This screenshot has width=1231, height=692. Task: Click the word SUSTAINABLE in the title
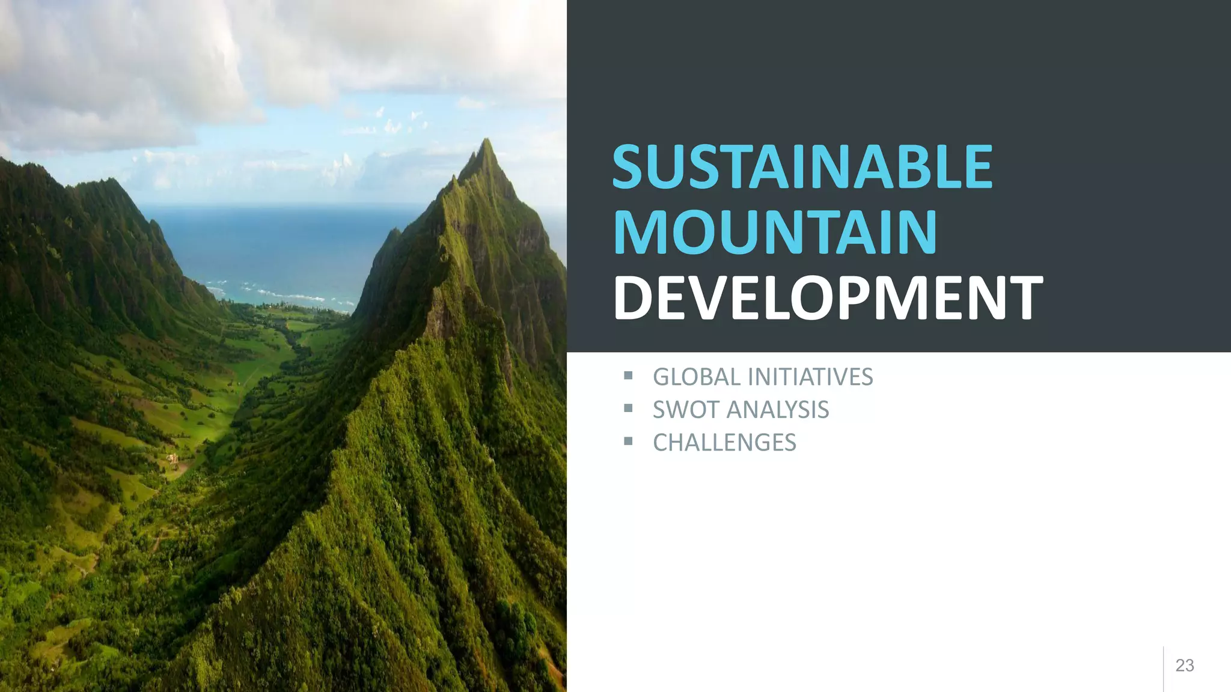point(802,166)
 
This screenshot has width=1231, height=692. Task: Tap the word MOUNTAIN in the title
point(775,232)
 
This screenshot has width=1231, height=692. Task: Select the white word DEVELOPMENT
point(828,298)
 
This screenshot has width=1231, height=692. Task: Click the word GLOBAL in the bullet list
point(697,377)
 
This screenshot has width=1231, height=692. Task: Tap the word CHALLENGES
point(724,443)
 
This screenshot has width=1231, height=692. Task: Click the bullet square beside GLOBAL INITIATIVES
point(628,376)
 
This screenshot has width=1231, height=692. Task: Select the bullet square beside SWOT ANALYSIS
point(628,409)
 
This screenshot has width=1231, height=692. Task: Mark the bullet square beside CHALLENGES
point(628,442)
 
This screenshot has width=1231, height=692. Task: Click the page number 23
point(1184,666)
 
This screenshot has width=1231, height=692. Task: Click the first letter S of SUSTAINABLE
point(632,166)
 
